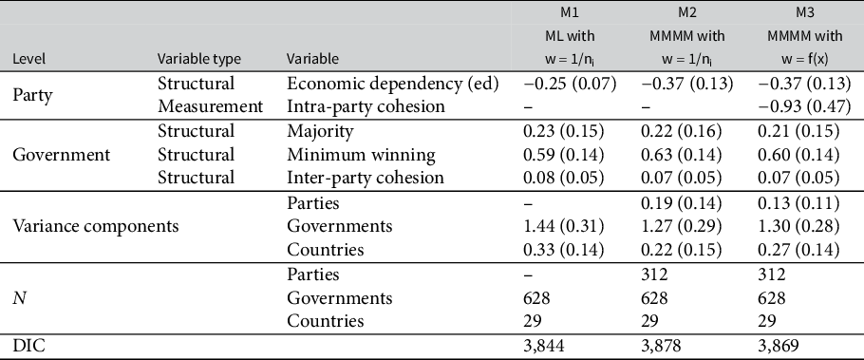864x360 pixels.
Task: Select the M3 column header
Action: coord(806,13)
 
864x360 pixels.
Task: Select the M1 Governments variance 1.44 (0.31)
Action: coord(566,225)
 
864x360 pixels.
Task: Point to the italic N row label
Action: coord(18,297)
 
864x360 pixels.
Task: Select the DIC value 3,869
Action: coord(777,347)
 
